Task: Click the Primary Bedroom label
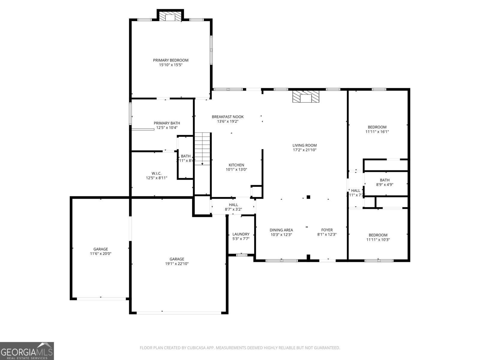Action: (x=171, y=60)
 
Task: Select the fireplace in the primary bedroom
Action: (x=170, y=17)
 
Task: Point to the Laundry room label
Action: (x=241, y=234)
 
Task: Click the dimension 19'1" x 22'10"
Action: (x=177, y=264)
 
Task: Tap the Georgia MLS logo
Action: (x=27, y=351)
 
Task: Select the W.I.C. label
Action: (x=156, y=173)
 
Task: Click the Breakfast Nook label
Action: (x=228, y=117)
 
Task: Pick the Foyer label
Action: (x=327, y=230)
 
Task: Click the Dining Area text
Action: (x=281, y=230)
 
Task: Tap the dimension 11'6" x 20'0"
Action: (x=101, y=253)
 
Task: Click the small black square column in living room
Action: (x=308, y=197)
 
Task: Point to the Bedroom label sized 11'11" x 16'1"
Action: (x=377, y=127)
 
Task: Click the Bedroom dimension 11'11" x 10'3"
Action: (x=378, y=240)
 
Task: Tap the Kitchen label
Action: (x=236, y=165)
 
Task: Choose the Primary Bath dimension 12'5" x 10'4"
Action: (x=167, y=127)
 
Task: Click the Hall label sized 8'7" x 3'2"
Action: (x=233, y=205)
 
